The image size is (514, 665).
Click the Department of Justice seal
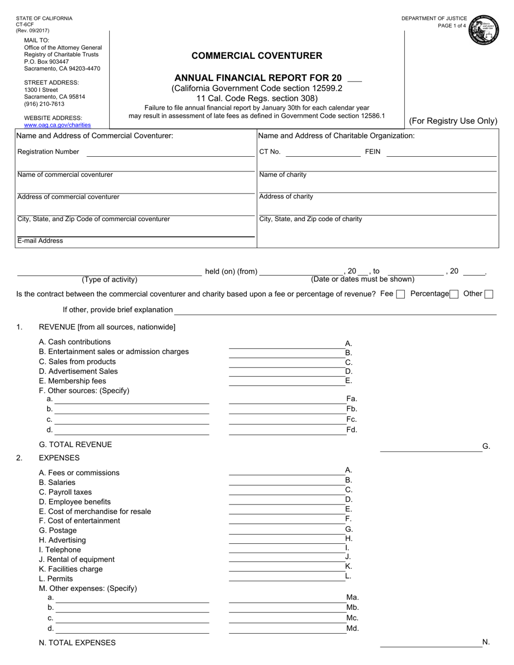(x=484, y=29)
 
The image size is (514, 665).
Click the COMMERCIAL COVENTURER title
(x=257, y=55)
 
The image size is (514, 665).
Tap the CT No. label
(x=270, y=152)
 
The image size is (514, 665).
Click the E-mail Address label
(x=40, y=241)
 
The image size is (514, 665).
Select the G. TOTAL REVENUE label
(x=76, y=444)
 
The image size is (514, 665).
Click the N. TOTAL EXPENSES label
(x=77, y=643)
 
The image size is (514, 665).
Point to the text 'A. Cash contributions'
(x=75, y=342)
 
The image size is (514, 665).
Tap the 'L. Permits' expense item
(x=56, y=578)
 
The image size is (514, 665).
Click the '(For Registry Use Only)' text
(x=453, y=121)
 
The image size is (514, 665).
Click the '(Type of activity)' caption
(x=109, y=280)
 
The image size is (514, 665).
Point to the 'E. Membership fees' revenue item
(x=73, y=381)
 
